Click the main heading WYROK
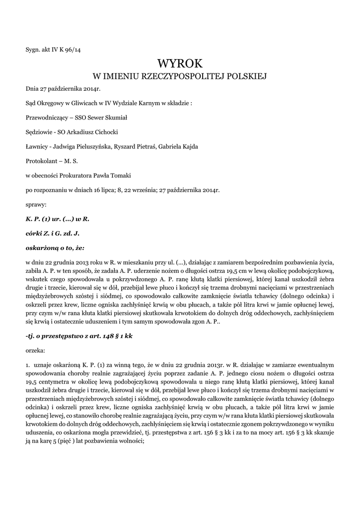pyautogui.click(x=180, y=63)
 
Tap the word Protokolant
pyautogui.click(x=42, y=161)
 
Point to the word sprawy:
pyautogui.click(x=35, y=204)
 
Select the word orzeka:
pyautogui.click(x=36, y=350)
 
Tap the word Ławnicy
pyautogui.click(x=36, y=146)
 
